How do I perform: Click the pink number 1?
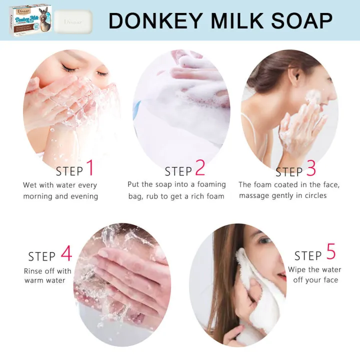click(90, 168)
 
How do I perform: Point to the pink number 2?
click(200, 168)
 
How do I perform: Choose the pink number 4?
click(66, 253)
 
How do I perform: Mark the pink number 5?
click(331, 252)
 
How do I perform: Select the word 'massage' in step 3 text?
click(255, 195)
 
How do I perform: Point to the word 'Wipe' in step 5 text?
click(297, 269)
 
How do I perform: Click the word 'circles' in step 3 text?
click(313, 195)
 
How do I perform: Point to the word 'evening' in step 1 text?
click(83, 196)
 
